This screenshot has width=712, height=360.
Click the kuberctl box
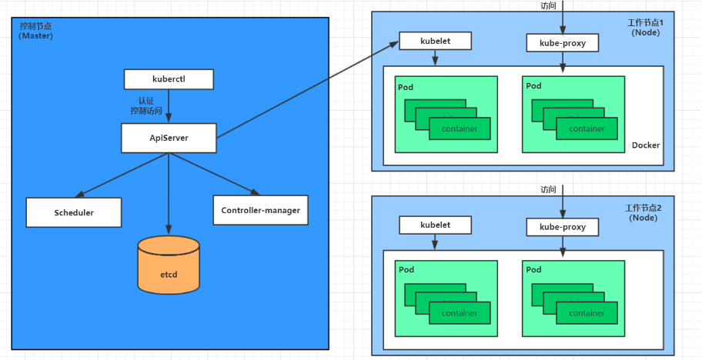click(169, 79)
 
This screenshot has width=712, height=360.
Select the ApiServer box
click(169, 138)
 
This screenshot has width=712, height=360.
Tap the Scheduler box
click(74, 212)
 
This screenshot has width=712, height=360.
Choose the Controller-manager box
click(261, 210)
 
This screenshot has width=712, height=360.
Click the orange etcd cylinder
click(169, 265)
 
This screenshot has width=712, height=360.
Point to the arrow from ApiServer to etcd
click(169, 194)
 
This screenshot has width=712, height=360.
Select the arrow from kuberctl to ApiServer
click(169, 106)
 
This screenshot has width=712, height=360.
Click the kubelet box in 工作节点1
click(435, 41)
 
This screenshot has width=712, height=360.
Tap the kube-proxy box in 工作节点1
click(563, 43)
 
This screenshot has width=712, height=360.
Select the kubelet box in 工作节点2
click(435, 225)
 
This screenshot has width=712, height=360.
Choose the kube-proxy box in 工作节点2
click(563, 227)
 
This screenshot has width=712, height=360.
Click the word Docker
click(646, 145)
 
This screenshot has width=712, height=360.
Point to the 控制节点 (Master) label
click(36, 31)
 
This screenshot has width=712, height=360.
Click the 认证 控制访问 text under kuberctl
click(146, 106)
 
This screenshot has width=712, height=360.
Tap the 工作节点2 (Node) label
click(643, 213)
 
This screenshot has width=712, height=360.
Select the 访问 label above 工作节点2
click(548, 189)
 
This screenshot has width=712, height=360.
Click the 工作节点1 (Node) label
click(646, 28)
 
